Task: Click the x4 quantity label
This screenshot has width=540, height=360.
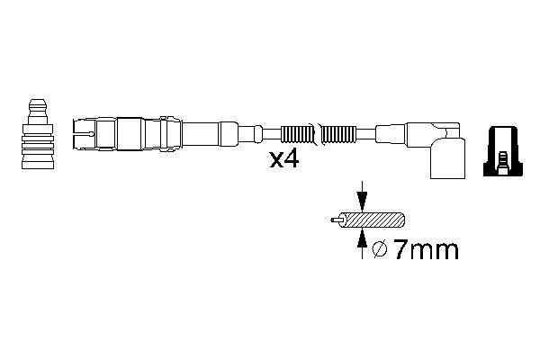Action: [x=284, y=159]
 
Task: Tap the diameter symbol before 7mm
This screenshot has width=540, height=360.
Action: [x=380, y=249]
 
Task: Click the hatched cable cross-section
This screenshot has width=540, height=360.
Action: [x=374, y=220]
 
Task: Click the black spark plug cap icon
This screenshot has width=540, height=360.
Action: [x=503, y=151]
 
